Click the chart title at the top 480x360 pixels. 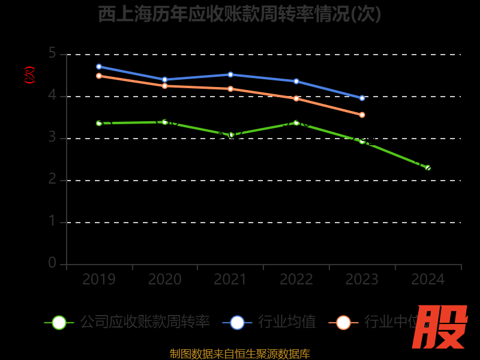(x=239, y=14)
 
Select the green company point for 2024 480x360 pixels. (x=428, y=167)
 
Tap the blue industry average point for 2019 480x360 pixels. (x=99, y=67)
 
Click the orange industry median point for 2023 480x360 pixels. (x=362, y=115)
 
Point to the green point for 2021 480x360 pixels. (x=230, y=135)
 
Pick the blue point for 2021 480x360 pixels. (x=230, y=74)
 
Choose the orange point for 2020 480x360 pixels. (x=164, y=86)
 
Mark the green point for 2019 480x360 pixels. (x=99, y=123)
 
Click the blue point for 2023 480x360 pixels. (x=362, y=98)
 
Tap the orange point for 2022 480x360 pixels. (x=296, y=98)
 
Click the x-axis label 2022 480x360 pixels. (x=296, y=280)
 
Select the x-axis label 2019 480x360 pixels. (x=99, y=280)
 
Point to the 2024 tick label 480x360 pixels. (x=428, y=280)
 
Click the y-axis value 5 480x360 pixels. (x=52, y=54)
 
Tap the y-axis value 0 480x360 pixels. (x=52, y=263)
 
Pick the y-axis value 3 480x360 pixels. (x=52, y=138)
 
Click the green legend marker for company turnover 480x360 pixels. (x=59, y=322)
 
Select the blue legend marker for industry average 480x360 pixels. (x=237, y=322)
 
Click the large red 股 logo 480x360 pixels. (x=440, y=327)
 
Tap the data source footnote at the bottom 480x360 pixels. (x=239, y=353)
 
